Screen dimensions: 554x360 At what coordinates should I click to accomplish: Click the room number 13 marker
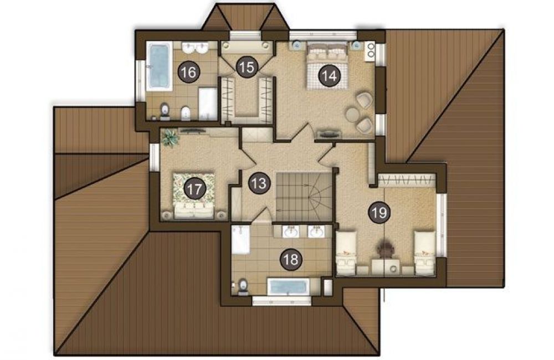pos(259,183)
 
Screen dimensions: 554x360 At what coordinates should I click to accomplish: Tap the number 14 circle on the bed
pos(329,75)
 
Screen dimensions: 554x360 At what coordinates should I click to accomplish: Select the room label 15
pos(247,67)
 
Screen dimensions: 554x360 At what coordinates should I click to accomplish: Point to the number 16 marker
pos(189,72)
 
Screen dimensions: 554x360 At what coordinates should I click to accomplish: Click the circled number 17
pos(194,189)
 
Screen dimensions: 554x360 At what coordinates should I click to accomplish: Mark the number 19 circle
pos(379,213)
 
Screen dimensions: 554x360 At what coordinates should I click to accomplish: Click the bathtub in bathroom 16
pos(159,66)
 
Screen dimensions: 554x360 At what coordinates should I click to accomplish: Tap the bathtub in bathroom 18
pos(288,286)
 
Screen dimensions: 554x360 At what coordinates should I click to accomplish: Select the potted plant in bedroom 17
pos(170,138)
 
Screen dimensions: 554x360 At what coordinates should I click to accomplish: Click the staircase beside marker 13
pos(304,197)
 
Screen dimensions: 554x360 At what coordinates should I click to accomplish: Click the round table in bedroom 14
pos(352,114)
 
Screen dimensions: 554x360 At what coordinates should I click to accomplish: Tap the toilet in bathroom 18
pos(243,286)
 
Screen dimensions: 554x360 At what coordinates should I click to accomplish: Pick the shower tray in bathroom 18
pos(241,240)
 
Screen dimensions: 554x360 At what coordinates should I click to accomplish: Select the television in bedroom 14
pos(330,134)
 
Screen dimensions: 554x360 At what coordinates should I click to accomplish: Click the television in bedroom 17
pos(192,130)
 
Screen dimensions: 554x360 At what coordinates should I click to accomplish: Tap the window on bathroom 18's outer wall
pos(282,301)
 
